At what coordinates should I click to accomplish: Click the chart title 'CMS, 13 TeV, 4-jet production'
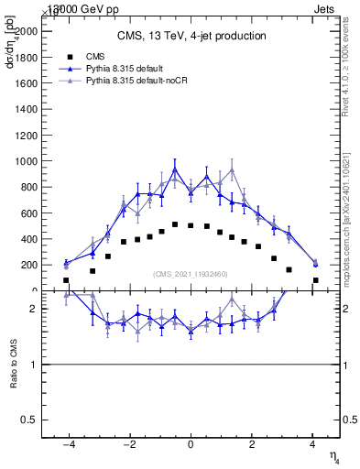(191, 36)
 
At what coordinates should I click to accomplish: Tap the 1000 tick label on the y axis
(25, 161)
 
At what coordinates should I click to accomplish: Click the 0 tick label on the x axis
(191, 445)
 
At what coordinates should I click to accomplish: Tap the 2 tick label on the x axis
(251, 445)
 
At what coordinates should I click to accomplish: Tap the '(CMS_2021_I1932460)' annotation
(191, 273)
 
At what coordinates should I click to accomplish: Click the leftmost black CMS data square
(66, 280)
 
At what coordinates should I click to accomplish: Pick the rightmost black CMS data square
(315, 280)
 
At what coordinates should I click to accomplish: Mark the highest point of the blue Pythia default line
(175, 169)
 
